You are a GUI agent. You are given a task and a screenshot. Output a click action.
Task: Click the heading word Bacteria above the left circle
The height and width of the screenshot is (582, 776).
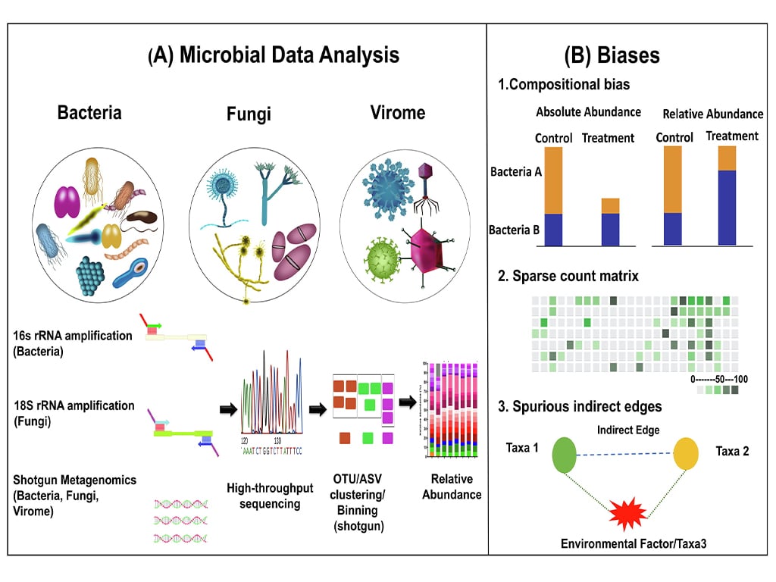point(89,113)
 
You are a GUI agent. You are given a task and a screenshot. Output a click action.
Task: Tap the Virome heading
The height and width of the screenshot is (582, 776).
point(398,114)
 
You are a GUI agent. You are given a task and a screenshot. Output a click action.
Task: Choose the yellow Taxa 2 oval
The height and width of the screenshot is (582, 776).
point(686,453)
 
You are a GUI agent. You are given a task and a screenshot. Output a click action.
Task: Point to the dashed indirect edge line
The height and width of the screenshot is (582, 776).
point(625,453)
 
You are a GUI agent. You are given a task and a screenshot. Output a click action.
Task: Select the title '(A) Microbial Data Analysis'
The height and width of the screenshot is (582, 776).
point(274,55)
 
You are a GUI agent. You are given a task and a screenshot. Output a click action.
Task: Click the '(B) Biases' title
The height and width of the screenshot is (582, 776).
point(612,55)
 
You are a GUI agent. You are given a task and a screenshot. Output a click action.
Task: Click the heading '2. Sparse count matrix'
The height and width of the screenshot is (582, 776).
point(568,277)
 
